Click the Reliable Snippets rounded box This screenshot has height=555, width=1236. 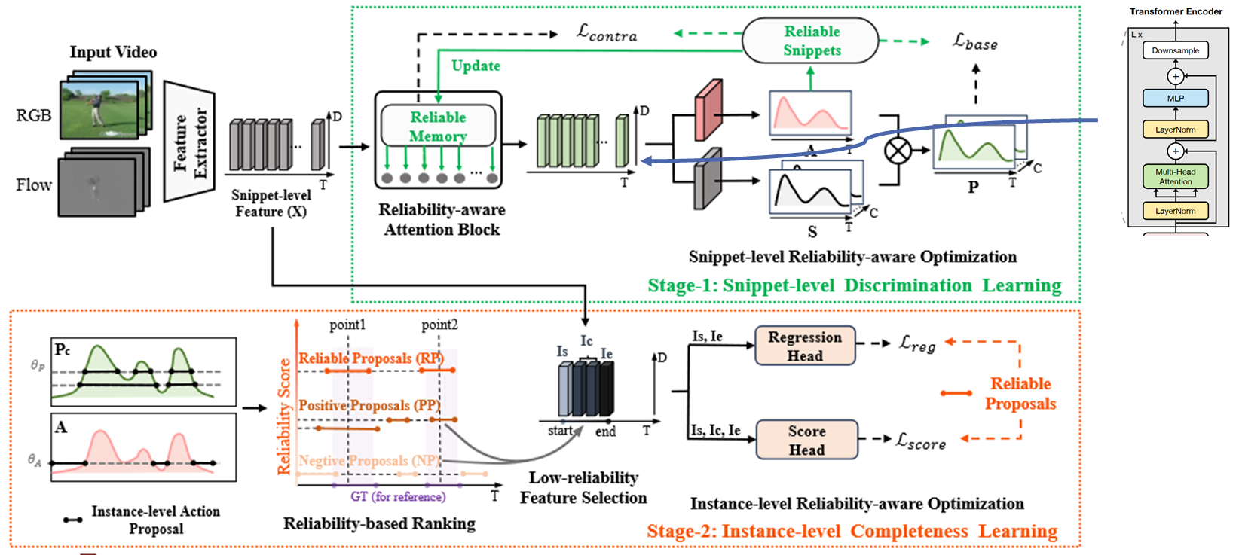click(x=811, y=41)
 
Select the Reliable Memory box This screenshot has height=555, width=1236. click(x=438, y=126)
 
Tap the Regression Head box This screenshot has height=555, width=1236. click(x=805, y=346)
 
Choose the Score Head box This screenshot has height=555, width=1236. click(x=806, y=440)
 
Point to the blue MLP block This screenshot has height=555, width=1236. click(x=1175, y=98)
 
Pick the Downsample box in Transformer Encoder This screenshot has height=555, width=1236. click(x=1175, y=50)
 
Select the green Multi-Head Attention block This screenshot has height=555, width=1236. click(x=1175, y=176)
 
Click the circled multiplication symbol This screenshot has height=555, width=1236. click(x=897, y=151)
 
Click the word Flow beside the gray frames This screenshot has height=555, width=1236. click(x=34, y=184)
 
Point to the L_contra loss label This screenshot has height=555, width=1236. click(x=607, y=32)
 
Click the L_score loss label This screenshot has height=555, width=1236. click(x=920, y=441)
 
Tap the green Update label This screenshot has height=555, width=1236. click(x=476, y=66)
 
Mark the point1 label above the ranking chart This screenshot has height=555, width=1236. click(x=347, y=325)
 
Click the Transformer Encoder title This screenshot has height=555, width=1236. click(x=1175, y=11)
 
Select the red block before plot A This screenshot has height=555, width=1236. click(x=708, y=111)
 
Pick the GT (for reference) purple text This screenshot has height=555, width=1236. click(x=398, y=496)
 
